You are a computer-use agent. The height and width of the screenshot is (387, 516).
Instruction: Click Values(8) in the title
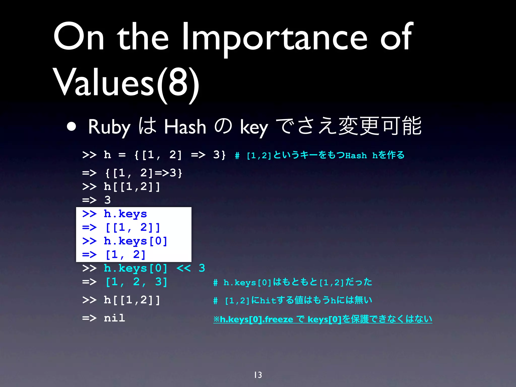point(126,83)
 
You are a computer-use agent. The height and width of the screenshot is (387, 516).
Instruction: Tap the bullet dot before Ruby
point(72,127)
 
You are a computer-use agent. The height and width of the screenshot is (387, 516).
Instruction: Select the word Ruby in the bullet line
point(109,127)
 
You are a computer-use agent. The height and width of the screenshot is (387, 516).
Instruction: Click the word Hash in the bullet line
point(185,127)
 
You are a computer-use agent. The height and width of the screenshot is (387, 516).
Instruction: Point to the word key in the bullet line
point(254,127)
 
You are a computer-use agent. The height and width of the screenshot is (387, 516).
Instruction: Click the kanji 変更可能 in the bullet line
point(380,126)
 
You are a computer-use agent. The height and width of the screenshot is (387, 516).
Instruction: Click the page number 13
point(258,375)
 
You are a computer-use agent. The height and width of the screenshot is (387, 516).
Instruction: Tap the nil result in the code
point(114,318)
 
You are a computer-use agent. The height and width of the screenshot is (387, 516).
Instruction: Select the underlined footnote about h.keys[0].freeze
point(322,319)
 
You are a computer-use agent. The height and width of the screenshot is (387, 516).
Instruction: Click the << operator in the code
point(183,268)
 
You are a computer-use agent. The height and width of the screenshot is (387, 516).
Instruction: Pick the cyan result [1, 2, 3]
point(136,282)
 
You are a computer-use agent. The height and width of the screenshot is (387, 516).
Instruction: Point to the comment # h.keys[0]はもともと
point(292,282)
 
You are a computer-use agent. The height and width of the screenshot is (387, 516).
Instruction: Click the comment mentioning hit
point(292,300)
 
